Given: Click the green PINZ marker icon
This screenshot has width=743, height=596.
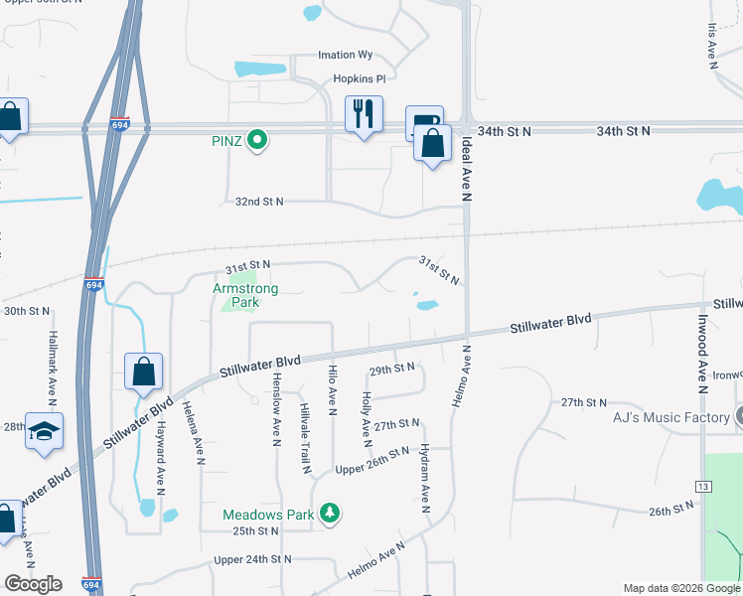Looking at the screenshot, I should pyautogui.click(x=257, y=140).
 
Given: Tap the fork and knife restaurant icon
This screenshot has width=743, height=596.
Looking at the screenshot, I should pyautogui.click(x=363, y=113).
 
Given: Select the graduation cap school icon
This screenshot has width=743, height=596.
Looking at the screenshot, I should pyautogui.click(x=44, y=431).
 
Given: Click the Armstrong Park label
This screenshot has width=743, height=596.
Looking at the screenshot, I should pyautogui.click(x=246, y=295).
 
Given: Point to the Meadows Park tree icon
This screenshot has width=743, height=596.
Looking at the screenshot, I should pyautogui.click(x=330, y=514).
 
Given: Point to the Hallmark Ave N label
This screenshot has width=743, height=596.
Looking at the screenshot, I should pyautogui.click(x=54, y=366).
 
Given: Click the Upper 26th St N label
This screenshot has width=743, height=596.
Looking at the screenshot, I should pyautogui.click(x=372, y=453).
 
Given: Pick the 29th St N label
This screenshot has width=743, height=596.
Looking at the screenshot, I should pyautogui.click(x=391, y=369).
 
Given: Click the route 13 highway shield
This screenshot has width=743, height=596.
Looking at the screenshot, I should pyautogui.click(x=702, y=485).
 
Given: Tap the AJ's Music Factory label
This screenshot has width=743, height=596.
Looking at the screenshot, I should pyautogui.click(x=671, y=418).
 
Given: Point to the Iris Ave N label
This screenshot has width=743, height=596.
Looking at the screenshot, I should pyautogui.click(x=712, y=46).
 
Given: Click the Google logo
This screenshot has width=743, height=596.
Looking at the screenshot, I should pyautogui.click(x=33, y=584).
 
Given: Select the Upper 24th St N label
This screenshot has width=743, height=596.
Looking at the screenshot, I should pyautogui.click(x=252, y=560).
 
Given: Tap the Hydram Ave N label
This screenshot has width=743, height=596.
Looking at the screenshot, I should pyautogui.click(x=425, y=478).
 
